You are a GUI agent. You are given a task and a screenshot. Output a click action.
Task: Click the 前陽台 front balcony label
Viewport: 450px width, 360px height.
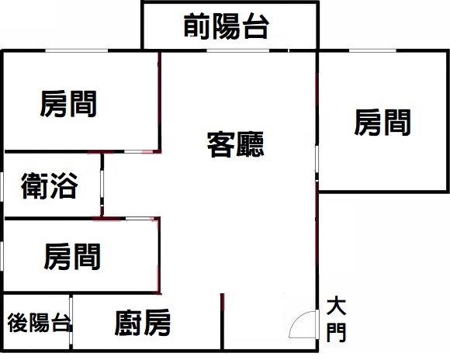227,26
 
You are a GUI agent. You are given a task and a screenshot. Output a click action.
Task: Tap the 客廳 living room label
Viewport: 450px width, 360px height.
235,144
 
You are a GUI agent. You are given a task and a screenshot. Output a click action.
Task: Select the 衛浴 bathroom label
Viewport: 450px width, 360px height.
50,185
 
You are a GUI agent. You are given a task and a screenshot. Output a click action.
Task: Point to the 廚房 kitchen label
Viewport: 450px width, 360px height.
143,323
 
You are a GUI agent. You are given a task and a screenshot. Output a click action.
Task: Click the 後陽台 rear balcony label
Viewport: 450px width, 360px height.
39,323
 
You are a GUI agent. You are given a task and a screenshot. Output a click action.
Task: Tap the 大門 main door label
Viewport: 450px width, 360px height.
337,320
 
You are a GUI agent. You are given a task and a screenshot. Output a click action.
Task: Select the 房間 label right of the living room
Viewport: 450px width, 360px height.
382,123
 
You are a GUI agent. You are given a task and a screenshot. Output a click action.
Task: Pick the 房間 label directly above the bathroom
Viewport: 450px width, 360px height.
68,104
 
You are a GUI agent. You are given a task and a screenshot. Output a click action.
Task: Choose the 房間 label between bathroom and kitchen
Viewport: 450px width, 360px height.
72,256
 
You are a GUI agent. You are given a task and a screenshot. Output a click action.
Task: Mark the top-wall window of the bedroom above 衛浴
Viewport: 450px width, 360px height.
77,50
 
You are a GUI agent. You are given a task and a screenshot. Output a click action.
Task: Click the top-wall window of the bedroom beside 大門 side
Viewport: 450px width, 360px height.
372,50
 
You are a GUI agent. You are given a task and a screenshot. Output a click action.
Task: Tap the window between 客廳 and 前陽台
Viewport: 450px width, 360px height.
238,50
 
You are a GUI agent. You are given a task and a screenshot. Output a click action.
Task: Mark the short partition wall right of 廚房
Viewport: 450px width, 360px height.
222,321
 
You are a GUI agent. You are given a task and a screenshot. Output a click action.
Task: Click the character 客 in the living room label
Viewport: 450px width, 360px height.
220,144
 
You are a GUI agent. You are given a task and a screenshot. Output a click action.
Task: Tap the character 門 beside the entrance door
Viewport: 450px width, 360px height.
337,332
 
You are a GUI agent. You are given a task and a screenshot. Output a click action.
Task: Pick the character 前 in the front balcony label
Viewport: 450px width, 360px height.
196,26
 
